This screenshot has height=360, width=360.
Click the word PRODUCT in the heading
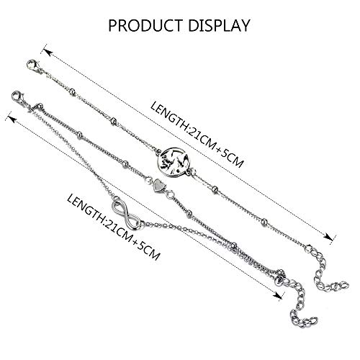pyautogui.click(x=146, y=25)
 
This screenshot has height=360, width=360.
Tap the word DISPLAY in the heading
pyautogui.click(x=219, y=25)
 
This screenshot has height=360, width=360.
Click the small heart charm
pyautogui.click(x=158, y=184)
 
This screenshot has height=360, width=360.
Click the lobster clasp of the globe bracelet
pyautogui.click(x=33, y=66)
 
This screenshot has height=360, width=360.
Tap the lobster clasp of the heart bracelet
pyautogui.click(x=19, y=97)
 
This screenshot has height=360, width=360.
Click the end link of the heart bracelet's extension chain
pyautogui.click(x=312, y=320)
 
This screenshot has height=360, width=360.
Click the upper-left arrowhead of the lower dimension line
pyautogui.click(x=12, y=119)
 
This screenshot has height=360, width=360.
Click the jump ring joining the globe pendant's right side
pyautogui.click(x=192, y=171)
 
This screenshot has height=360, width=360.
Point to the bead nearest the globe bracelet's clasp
pyautogui.click(x=72, y=91)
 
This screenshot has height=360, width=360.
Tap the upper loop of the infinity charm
pyautogui.click(x=120, y=206)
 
